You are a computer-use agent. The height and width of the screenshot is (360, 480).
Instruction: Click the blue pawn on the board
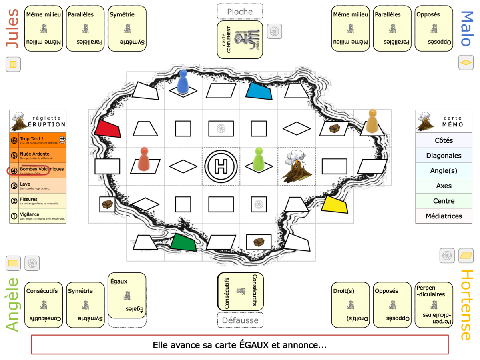click(x=183, y=82)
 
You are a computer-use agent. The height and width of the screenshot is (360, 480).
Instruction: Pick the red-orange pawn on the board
click(x=144, y=158)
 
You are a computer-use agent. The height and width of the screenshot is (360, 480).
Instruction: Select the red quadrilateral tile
click(x=108, y=129)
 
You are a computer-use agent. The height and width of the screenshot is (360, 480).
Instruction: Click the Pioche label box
click(x=240, y=12)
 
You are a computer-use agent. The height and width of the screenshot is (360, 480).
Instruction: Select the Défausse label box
click(x=240, y=320)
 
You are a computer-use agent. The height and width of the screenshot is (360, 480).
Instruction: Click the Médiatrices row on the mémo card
click(x=443, y=216)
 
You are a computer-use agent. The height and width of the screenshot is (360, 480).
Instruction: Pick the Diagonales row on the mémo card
click(x=443, y=156)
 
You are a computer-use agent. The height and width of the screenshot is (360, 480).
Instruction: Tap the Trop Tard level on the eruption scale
click(x=38, y=140)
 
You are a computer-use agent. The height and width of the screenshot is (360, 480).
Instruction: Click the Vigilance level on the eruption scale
click(x=38, y=216)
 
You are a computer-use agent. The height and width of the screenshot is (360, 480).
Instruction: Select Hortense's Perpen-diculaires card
click(x=434, y=304)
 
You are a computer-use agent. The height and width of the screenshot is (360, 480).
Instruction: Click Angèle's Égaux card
click(x=127, y=295)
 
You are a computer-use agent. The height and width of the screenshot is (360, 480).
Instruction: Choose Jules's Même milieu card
click(x=44, y=28)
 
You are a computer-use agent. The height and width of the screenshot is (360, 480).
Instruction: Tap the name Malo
click(x=467, y=28)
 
